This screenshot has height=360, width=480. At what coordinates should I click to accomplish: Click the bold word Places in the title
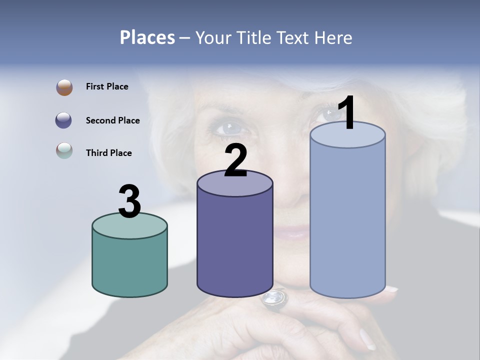pos(147,37)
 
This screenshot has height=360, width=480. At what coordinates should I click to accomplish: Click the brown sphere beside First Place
pos(64,87)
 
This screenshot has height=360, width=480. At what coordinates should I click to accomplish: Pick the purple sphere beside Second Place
pos(64,120)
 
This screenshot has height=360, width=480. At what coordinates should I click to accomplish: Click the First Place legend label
pos(107,86)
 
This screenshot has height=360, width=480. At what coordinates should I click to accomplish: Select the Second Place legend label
pos(112,120)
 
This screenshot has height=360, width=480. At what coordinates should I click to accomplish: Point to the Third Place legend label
pos(108,153)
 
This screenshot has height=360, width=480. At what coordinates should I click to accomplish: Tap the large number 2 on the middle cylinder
pos(236,160)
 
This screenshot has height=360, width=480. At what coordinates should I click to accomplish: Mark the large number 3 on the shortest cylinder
pos(129,201)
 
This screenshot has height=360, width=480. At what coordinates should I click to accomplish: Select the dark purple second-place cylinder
pos(235,245)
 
